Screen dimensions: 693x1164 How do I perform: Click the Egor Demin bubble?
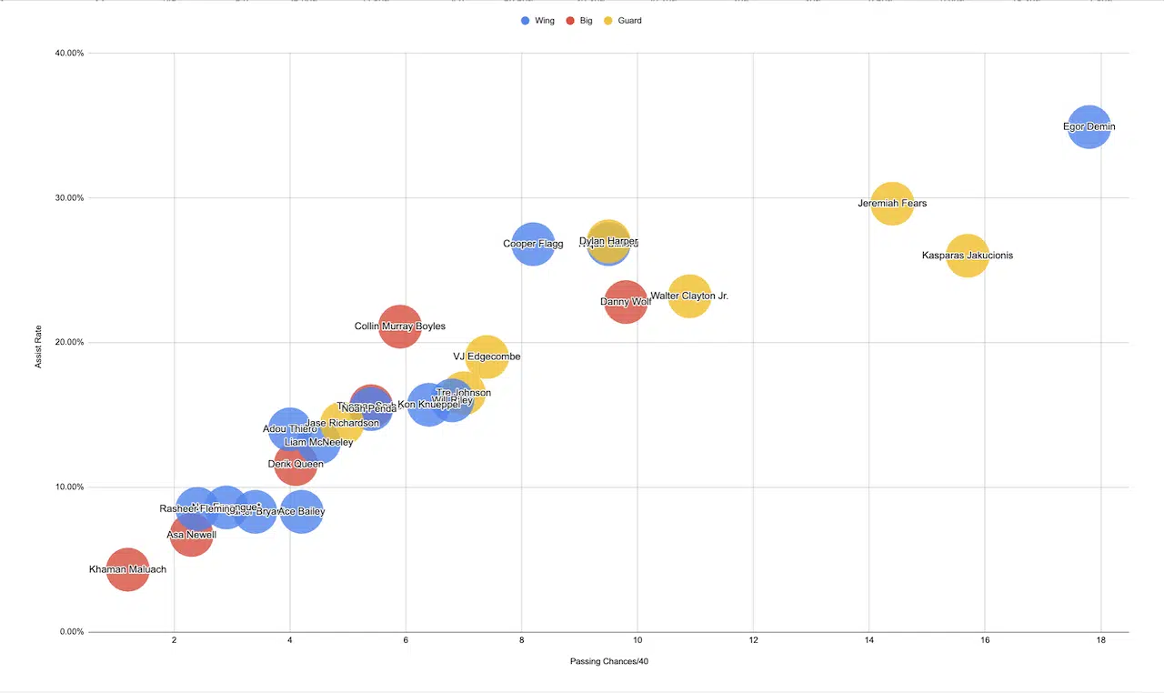tap(1089, 126)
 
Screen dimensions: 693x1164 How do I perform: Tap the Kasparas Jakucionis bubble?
tap(968, 255)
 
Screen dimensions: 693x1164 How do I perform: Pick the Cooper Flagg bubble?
tap(533, 244)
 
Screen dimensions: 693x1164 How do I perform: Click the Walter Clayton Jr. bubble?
tap(689, 296)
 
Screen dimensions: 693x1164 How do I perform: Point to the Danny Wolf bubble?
tap(625, 301)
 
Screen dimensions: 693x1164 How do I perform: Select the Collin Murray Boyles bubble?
tap(399, 326)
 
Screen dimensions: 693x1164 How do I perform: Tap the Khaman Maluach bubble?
tap(128, 569)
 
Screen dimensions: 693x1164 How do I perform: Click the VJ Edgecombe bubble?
tap(487, 357)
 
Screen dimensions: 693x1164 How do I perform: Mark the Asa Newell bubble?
tap(191, 535)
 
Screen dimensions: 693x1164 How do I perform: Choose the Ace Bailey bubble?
tap(301, 511)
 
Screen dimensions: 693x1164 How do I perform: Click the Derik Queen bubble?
tap(296, 464)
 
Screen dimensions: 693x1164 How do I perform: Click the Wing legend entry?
tap(537, 20)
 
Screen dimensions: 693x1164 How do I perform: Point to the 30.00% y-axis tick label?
tap(65, 197)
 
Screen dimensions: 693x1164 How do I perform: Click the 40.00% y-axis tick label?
tap(65, 53)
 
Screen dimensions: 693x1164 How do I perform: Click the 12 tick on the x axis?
tap(753, 641)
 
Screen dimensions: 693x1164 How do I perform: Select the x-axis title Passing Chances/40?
tap(608, 661)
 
